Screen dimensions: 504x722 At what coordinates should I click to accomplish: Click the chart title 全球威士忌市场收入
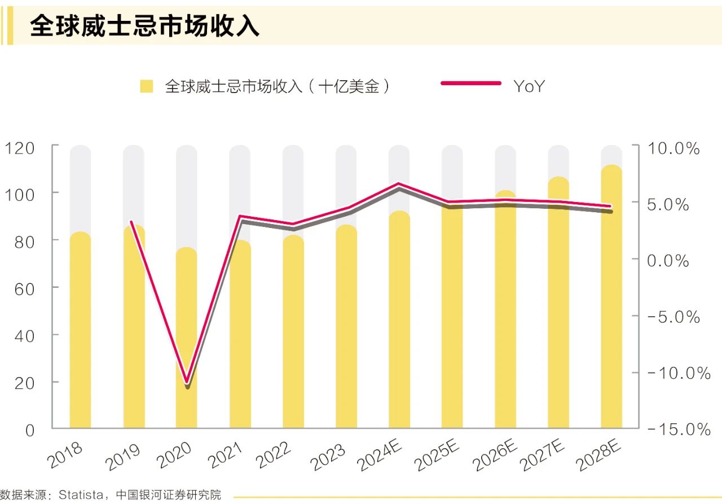144,25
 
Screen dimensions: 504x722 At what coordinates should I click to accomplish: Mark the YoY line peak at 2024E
399,184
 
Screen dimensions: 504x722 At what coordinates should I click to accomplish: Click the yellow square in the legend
147,86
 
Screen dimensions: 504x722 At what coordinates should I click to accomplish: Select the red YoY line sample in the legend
470,84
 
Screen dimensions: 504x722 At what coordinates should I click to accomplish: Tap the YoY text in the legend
529,86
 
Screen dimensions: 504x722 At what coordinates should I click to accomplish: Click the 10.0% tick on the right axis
673,148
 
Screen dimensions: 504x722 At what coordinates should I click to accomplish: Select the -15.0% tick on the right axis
679,430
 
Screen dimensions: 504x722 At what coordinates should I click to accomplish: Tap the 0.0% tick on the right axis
668,261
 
